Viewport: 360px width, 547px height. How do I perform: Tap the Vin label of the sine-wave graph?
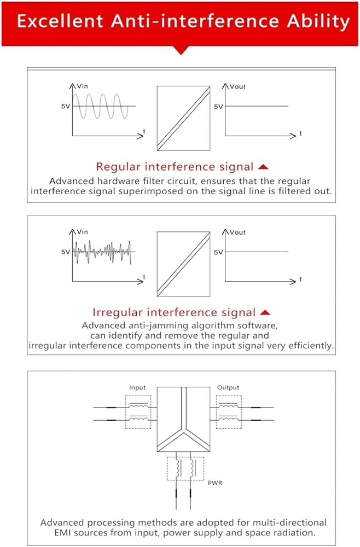click(82, 86)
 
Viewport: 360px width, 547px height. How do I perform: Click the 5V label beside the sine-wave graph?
click(65, 106)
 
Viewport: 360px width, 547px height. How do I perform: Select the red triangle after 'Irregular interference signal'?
click(265, 312)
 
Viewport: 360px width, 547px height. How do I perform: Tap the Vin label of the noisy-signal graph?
click(82, 232)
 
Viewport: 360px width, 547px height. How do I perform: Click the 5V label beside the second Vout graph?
click(218, 252)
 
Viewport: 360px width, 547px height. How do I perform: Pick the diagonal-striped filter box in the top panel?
click(183, 118)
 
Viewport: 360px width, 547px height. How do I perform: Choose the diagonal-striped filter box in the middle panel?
click(183, 264)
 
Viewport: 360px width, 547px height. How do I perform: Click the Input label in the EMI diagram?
click(137, 387)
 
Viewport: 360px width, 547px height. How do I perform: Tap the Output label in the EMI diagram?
click(228, 387)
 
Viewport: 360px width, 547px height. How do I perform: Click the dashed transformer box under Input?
click(139, 412)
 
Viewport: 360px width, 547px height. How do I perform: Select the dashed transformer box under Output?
click(229, 412)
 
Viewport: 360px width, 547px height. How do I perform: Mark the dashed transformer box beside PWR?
click(184, 470)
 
